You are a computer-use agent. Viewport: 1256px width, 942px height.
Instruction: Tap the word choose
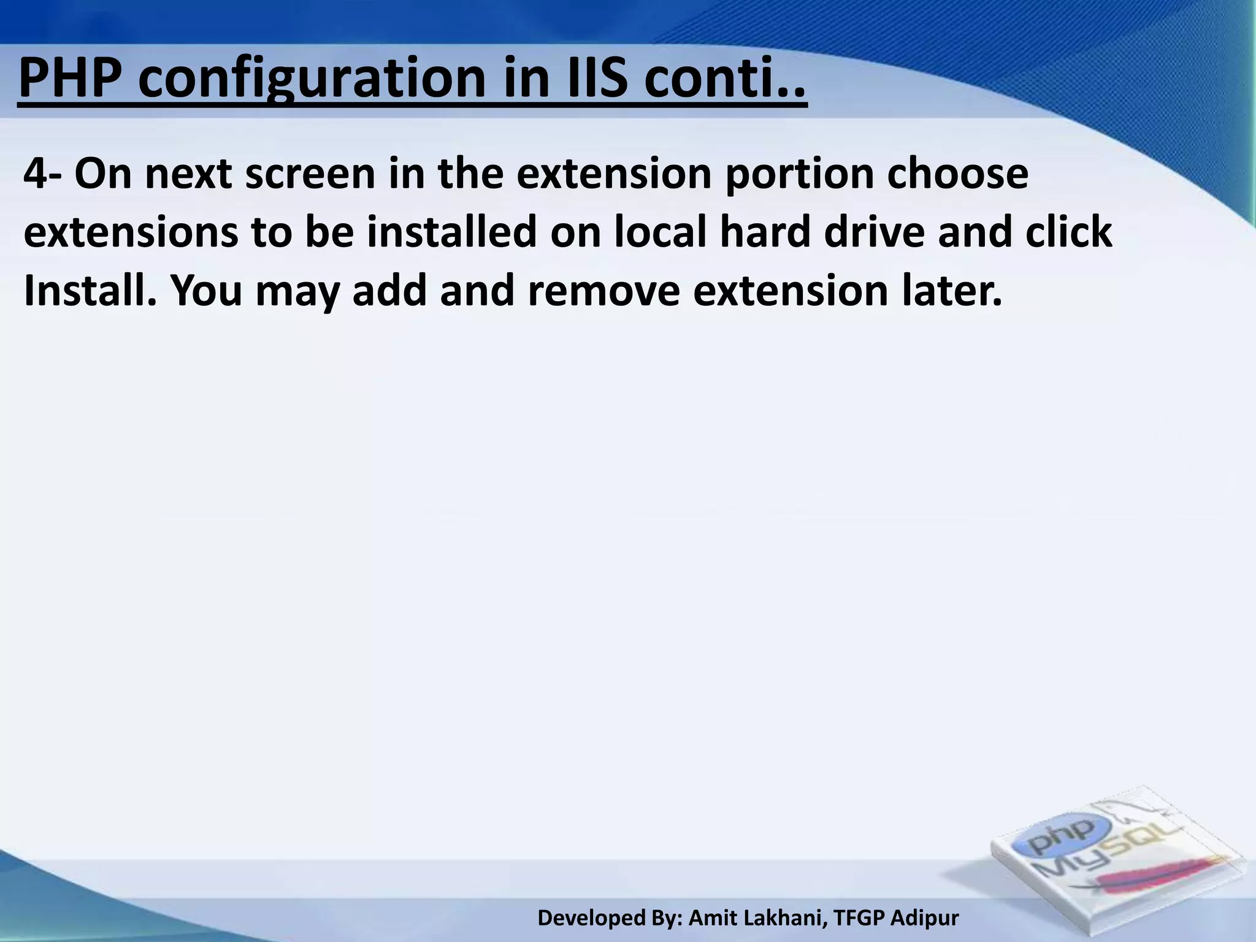[957, 175]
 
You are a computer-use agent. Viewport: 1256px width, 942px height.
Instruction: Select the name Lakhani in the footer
[782, 918]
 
